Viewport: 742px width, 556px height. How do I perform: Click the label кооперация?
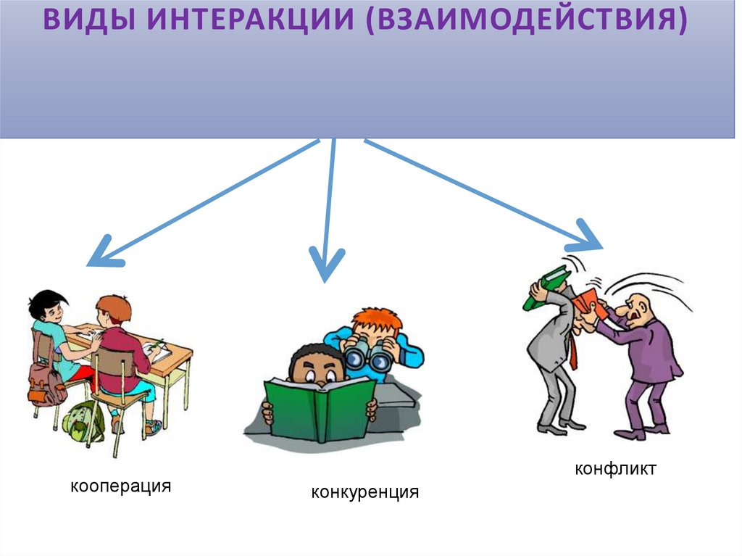(x=120, y=486)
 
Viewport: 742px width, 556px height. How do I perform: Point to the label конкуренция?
(x=365, y=493)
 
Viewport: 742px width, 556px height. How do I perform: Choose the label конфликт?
(x=615, y=469)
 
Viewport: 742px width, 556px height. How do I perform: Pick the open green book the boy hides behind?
(x=320, y=405)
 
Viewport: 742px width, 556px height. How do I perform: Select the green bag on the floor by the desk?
(x=81, y=420)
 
